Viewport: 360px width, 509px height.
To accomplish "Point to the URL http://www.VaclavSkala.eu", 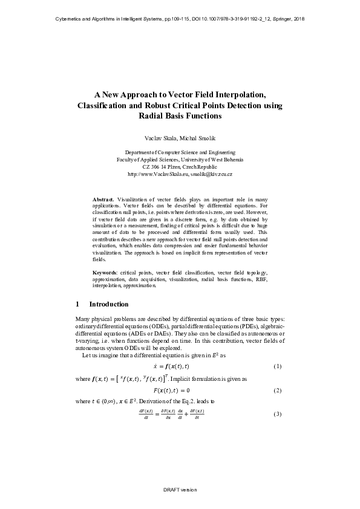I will [157, 173].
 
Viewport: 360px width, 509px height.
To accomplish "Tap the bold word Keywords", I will [105, 273].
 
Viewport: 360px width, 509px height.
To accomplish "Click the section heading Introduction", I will [109, 304].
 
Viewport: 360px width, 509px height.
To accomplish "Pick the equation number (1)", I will [278, 367].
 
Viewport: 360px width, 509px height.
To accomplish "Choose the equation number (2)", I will [278, 391].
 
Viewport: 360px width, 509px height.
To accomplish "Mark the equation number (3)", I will [278, 413].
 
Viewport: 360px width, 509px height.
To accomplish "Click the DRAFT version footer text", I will [180, 489].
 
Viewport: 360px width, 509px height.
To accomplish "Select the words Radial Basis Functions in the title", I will [180, 115].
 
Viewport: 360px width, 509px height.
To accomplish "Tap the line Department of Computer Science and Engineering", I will [180, 152].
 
